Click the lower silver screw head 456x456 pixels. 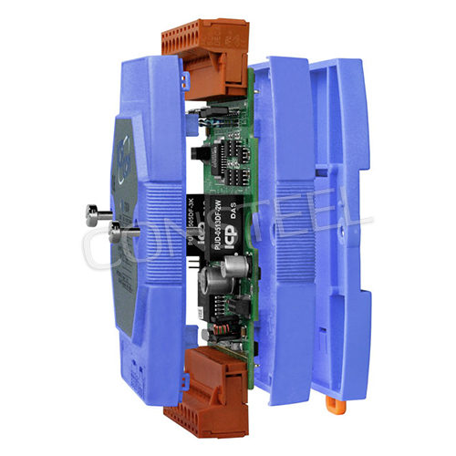click(96, 231)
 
